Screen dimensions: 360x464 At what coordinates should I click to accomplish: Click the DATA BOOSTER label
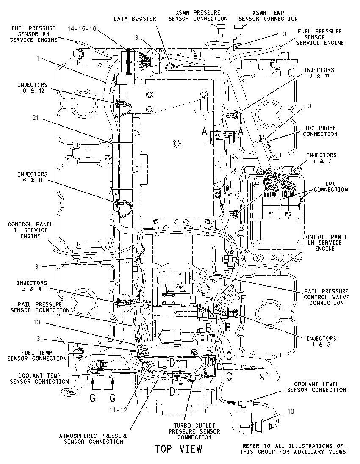[135, 19]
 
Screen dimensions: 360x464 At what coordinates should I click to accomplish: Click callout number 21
[36, 118]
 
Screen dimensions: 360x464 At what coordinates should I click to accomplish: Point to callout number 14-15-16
[82, 28]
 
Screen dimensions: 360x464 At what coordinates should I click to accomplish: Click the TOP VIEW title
[179, 449]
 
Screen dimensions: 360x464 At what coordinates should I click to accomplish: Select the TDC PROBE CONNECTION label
[320, 131]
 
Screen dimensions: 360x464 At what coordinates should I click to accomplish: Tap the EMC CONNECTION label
[331, 186]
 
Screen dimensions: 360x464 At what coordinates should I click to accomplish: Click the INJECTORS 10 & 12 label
[32, 88]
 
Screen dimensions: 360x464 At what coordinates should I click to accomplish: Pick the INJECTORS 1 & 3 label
[321, 341]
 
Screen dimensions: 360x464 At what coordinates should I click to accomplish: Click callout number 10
[291, 412]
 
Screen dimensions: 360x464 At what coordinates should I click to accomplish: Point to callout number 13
[37, 322]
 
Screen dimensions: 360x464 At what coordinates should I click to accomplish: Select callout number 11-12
[118, 409]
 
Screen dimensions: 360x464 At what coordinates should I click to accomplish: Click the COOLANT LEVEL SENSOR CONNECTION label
[316, 387]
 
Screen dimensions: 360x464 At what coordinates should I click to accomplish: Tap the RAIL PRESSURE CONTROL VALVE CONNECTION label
[326, 297]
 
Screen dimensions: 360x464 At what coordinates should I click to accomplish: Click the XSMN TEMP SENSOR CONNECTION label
[268, 16]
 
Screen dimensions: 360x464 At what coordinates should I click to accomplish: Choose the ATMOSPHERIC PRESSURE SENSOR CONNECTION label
[93, 439]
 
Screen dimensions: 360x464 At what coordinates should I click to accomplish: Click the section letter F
[242, 299]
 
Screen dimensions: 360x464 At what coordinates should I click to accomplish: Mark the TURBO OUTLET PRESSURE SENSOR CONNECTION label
[194, 431]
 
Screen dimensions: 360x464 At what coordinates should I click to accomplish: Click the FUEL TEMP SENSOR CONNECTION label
[37, 355]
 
